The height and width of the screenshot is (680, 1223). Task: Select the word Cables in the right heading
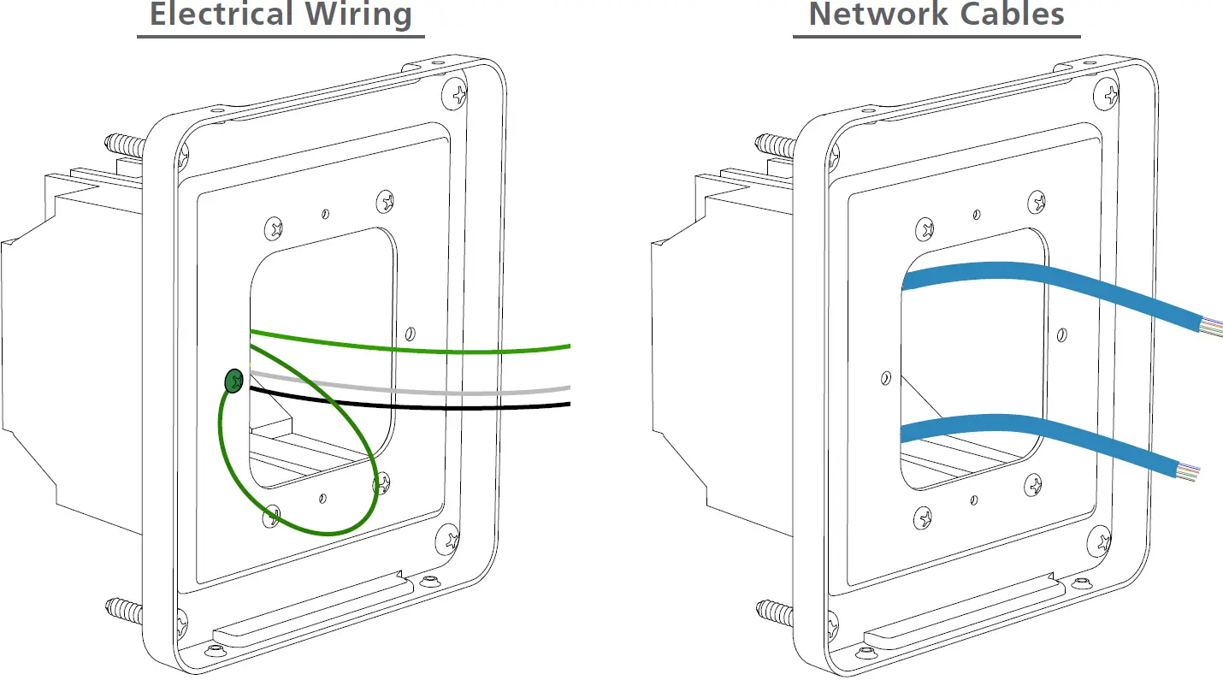click(1019, 15)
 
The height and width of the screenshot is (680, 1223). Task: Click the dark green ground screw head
click(233, 381)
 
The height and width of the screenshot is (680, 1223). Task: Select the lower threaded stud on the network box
click(775, 610)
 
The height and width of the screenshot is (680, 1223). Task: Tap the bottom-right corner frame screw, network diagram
click(1102, 539)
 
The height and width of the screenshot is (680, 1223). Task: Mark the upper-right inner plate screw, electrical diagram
click(386, 202)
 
